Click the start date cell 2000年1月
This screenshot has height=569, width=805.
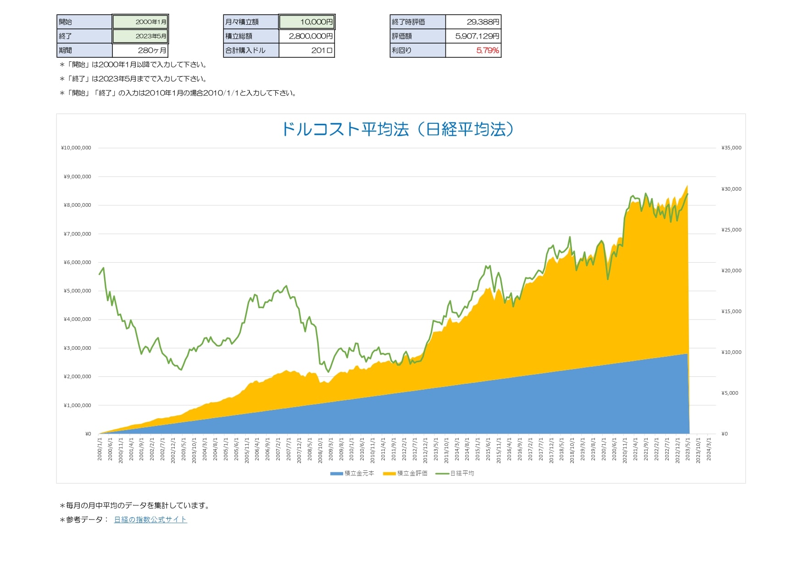coord(140,22)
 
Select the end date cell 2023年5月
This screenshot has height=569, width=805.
coord(140,36)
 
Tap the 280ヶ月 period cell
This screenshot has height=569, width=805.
coord(140,50)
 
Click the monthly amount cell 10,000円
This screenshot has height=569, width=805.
coord(307,22)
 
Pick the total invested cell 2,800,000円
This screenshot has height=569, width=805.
coord(307,36)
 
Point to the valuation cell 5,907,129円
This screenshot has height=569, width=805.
coord(473,36)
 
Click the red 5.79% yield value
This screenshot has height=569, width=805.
coord(487,50)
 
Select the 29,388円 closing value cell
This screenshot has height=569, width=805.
coord(473,22)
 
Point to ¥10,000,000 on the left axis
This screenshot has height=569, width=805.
coord(76,148)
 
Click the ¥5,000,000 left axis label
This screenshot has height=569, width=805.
coord(78,291)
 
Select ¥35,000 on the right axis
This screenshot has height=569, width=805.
coord(731,148)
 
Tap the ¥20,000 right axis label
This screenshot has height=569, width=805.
coord(731,271)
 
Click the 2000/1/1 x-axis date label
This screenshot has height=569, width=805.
coord(100,449)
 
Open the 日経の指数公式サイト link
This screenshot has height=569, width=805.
coord(150,519)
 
